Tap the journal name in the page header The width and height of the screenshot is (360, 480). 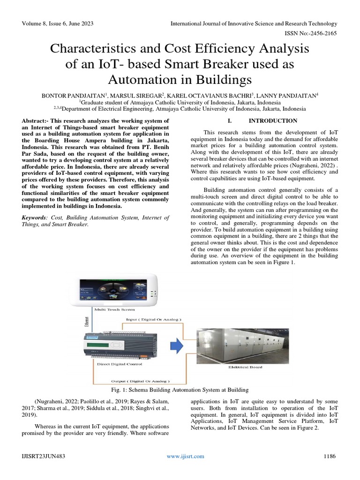pyautogui.click(x=254, y=23)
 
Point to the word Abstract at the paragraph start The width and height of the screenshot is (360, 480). pyautogui.click(x=37, y=121)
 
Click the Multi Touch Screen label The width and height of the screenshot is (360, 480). pyautogui.click(x=114, y=309)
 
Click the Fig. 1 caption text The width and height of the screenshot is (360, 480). pyautogui.click(x=180, y=390)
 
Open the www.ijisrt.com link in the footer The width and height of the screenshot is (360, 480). pyautogui.click(x=186, y=457)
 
